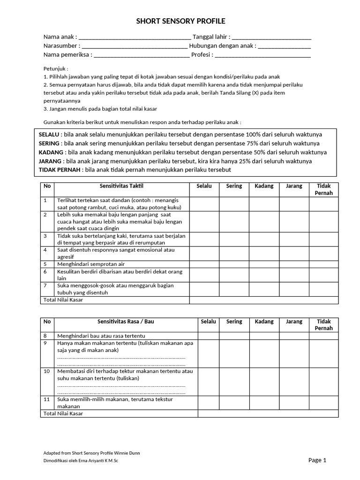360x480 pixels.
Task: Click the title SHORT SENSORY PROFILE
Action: [180, 21]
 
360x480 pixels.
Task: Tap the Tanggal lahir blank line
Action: [272, 37]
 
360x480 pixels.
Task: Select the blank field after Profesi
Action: [263, 55]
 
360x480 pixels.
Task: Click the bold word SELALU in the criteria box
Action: [49, 135]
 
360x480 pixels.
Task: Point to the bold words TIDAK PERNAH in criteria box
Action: [60, 170]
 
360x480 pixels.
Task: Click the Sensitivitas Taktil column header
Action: [122, 186]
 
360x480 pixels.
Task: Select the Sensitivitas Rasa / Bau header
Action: [125, 322]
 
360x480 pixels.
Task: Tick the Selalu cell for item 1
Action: [204, 204]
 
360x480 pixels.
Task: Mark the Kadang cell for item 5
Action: [264, 264]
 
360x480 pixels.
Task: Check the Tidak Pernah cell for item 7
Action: [324, 289]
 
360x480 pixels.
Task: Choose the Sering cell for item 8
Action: [234, 336]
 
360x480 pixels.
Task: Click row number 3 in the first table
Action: [46, 236]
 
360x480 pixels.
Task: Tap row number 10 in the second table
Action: [47, 371]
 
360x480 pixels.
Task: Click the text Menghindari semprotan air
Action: [91, 264]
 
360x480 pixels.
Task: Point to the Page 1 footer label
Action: [317, 460]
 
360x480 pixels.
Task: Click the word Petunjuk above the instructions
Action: [56, 68]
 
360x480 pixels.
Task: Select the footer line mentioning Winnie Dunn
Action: [91, 453]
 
